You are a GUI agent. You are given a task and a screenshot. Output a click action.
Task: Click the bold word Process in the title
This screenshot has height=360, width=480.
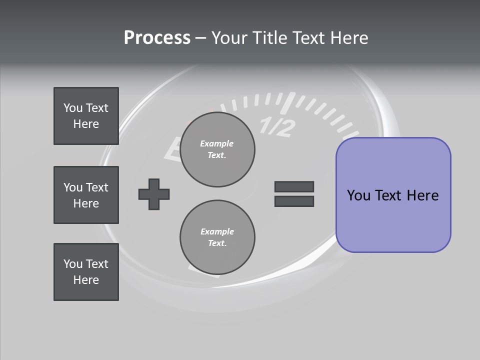coord(157,38)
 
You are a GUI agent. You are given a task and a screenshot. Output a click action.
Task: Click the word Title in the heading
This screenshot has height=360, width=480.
coord(269,38)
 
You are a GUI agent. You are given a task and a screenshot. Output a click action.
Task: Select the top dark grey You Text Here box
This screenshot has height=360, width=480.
coord(86,116)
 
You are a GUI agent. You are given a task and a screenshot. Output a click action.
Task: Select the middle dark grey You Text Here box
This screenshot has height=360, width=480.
coord(86,195)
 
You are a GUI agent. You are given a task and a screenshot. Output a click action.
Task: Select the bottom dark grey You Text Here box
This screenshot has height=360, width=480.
coord(86,272)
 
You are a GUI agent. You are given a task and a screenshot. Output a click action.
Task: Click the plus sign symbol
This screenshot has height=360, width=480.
coord(154,194)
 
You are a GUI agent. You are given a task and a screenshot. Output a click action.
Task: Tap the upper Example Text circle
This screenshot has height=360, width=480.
coord(217,149)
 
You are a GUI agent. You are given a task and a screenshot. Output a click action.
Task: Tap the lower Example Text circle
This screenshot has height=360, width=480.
coord(217,237)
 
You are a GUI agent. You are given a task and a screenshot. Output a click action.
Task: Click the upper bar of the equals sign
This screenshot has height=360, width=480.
coord(294,186)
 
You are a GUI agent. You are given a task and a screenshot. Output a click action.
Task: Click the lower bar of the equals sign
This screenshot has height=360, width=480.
coord(294,201)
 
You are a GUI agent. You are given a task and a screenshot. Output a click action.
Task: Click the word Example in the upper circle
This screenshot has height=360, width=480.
coord(217,143)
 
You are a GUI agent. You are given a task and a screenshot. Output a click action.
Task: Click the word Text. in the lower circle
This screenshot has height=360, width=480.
coord(217,243)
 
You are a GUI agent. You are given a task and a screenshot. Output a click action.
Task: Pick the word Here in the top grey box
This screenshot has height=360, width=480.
coord(86,124)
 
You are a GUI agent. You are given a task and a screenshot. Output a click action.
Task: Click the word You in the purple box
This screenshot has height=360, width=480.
coord(358,195)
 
